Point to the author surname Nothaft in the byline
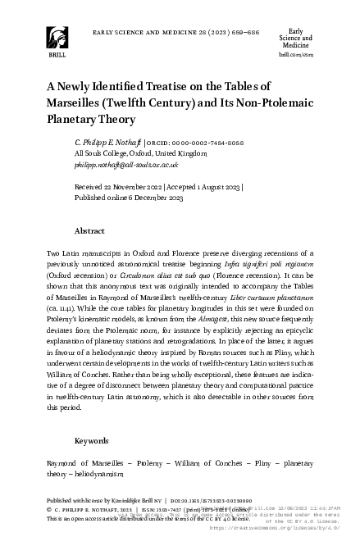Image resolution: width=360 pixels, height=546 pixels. [x=128, y=143]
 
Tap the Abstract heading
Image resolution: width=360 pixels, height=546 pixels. [x=89, y=232]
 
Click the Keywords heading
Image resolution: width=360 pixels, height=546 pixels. [x=91, y=440]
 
